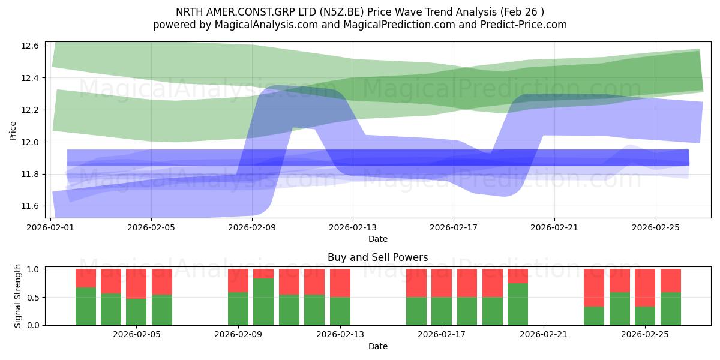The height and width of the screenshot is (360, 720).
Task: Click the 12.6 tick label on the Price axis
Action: [x=30, y=46]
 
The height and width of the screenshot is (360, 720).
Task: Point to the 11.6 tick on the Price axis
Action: [x=30, y=206]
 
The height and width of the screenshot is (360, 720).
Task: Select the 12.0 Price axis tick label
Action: [x=30, y=142]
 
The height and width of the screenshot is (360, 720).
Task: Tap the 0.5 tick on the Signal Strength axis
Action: [x=33, y=298]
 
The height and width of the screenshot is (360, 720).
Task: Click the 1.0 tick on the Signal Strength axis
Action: [x=33, y=269]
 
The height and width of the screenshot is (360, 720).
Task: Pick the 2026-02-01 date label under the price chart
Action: [x=50, y=227]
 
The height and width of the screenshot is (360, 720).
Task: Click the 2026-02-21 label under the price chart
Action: [x=554, y=227]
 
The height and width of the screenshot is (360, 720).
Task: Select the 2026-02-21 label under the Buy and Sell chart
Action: [x=544, y=334]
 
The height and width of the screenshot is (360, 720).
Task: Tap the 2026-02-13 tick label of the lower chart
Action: [x=340, y=334]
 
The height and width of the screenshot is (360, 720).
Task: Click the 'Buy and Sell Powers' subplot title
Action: [x=377, y=257]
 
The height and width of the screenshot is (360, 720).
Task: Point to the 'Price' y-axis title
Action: [x=13, y=131]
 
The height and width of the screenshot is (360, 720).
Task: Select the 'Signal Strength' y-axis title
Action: [x=17, y=296]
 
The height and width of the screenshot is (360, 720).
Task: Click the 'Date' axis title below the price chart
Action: [x=378, y=239]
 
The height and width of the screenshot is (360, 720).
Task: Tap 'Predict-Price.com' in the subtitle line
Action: [x=524, y=25]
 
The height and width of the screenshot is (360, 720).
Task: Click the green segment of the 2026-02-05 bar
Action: [x=136, y=312]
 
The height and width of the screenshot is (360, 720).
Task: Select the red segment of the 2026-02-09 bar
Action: [x=238, y=281]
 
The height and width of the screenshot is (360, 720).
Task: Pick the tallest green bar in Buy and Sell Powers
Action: [x=263, y=302]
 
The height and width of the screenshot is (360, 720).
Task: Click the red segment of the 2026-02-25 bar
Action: [x=645, y=288]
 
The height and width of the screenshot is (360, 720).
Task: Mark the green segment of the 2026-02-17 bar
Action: [x=442, y=311]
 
